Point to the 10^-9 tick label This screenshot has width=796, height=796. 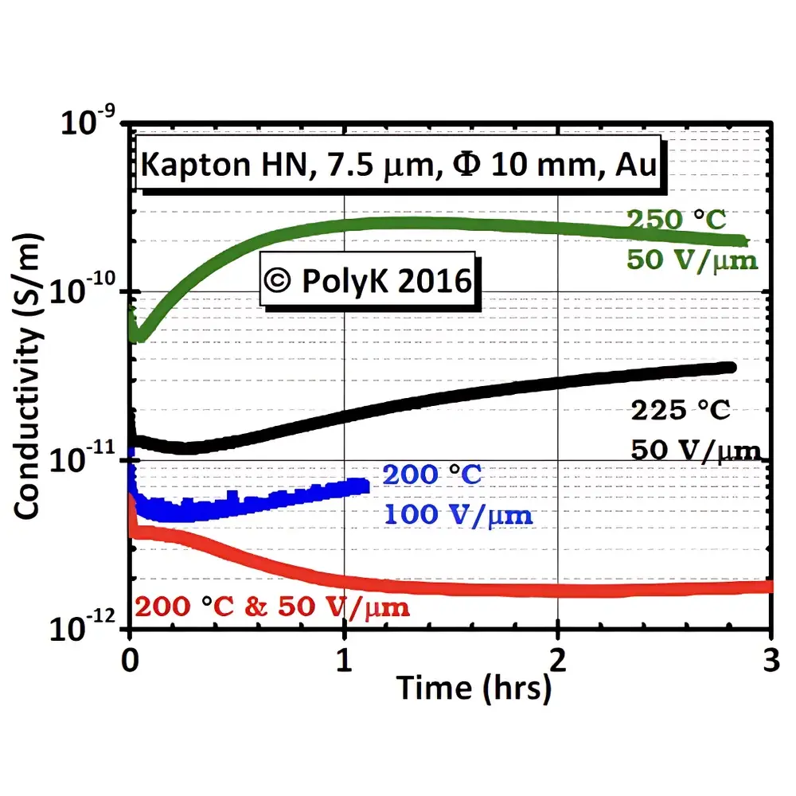click(89, 127)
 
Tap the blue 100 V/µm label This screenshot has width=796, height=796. click(458, 514)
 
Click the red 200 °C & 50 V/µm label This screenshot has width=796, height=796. click(272, 609)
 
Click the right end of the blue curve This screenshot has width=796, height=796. click(368, 485)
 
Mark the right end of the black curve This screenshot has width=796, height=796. click(732, 367)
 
